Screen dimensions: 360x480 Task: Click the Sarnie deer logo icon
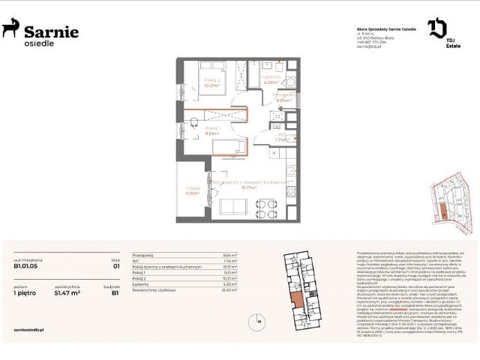click(10, 28)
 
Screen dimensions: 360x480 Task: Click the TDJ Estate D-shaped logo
click(436, 28)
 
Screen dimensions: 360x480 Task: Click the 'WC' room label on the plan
click(280, 136)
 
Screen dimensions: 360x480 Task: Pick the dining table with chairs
click(265, 204)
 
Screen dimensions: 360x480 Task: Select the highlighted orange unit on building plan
click(298, 300)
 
